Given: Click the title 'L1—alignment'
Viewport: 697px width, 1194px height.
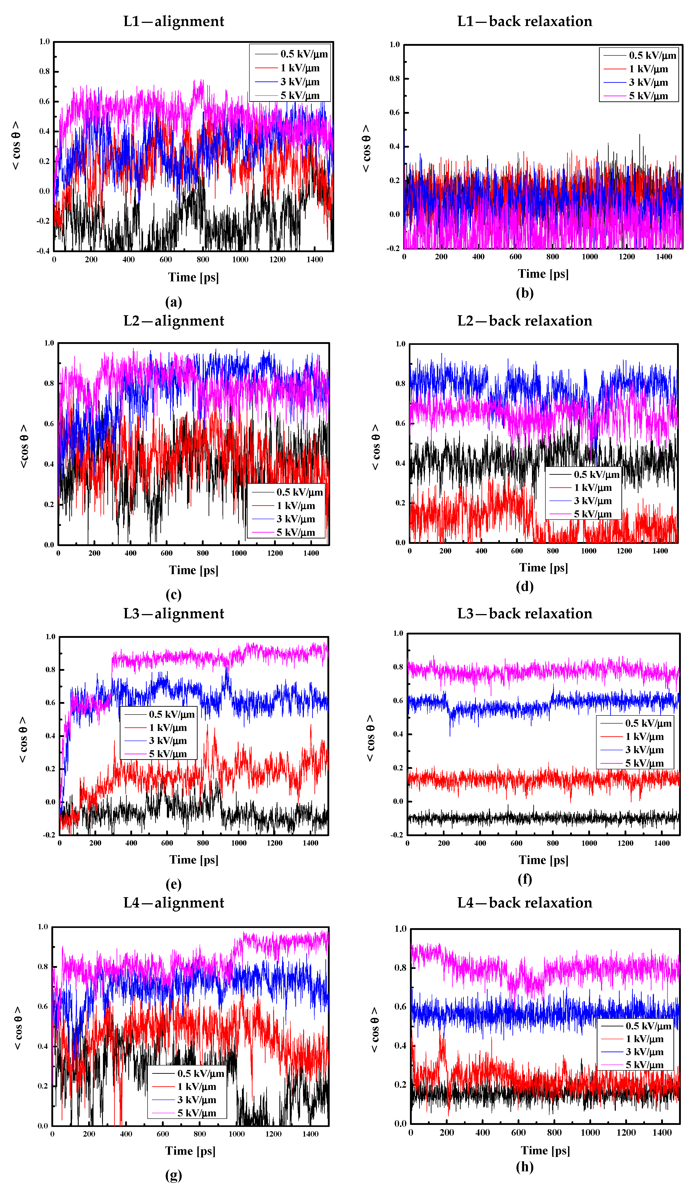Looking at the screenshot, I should coord(174,21).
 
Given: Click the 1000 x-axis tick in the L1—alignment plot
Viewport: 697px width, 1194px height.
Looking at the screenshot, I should coord(240,260).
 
